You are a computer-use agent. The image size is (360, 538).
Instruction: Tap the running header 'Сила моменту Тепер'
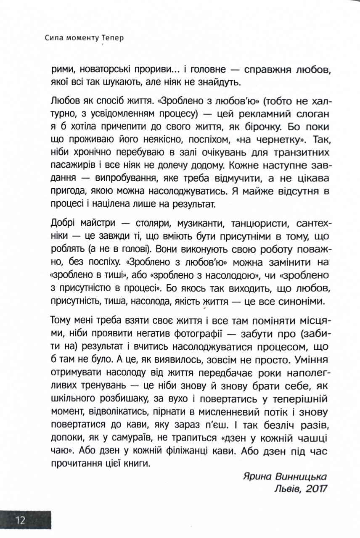[x=84, y=38]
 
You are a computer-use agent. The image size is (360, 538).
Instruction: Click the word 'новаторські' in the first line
[x=95, y=71]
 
